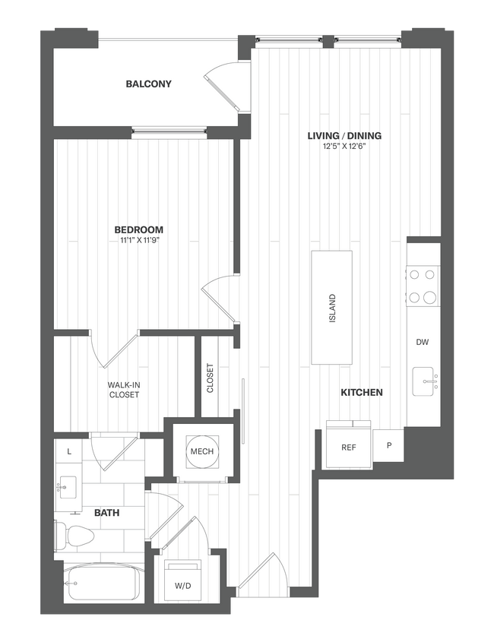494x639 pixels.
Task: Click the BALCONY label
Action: [x=149, y=84]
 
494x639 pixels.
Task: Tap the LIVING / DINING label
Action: [x=344, y=136]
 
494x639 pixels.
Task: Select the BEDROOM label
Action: [x=139, y=229]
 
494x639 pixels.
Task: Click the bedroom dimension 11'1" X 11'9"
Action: [x=139, y=240]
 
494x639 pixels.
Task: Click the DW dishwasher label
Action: [x=423, y=342]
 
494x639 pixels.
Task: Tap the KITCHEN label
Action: [x=361, y=393]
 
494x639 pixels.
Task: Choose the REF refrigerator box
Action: [x=349, y=448]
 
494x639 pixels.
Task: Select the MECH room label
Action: [x=202, y=452]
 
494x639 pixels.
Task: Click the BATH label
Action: [x=106, y=513]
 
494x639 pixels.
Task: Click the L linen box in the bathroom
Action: [x=69, y=451]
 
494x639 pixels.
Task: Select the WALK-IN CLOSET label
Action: [x=124, y=390]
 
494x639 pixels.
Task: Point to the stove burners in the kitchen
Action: [x=423, y=286]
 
